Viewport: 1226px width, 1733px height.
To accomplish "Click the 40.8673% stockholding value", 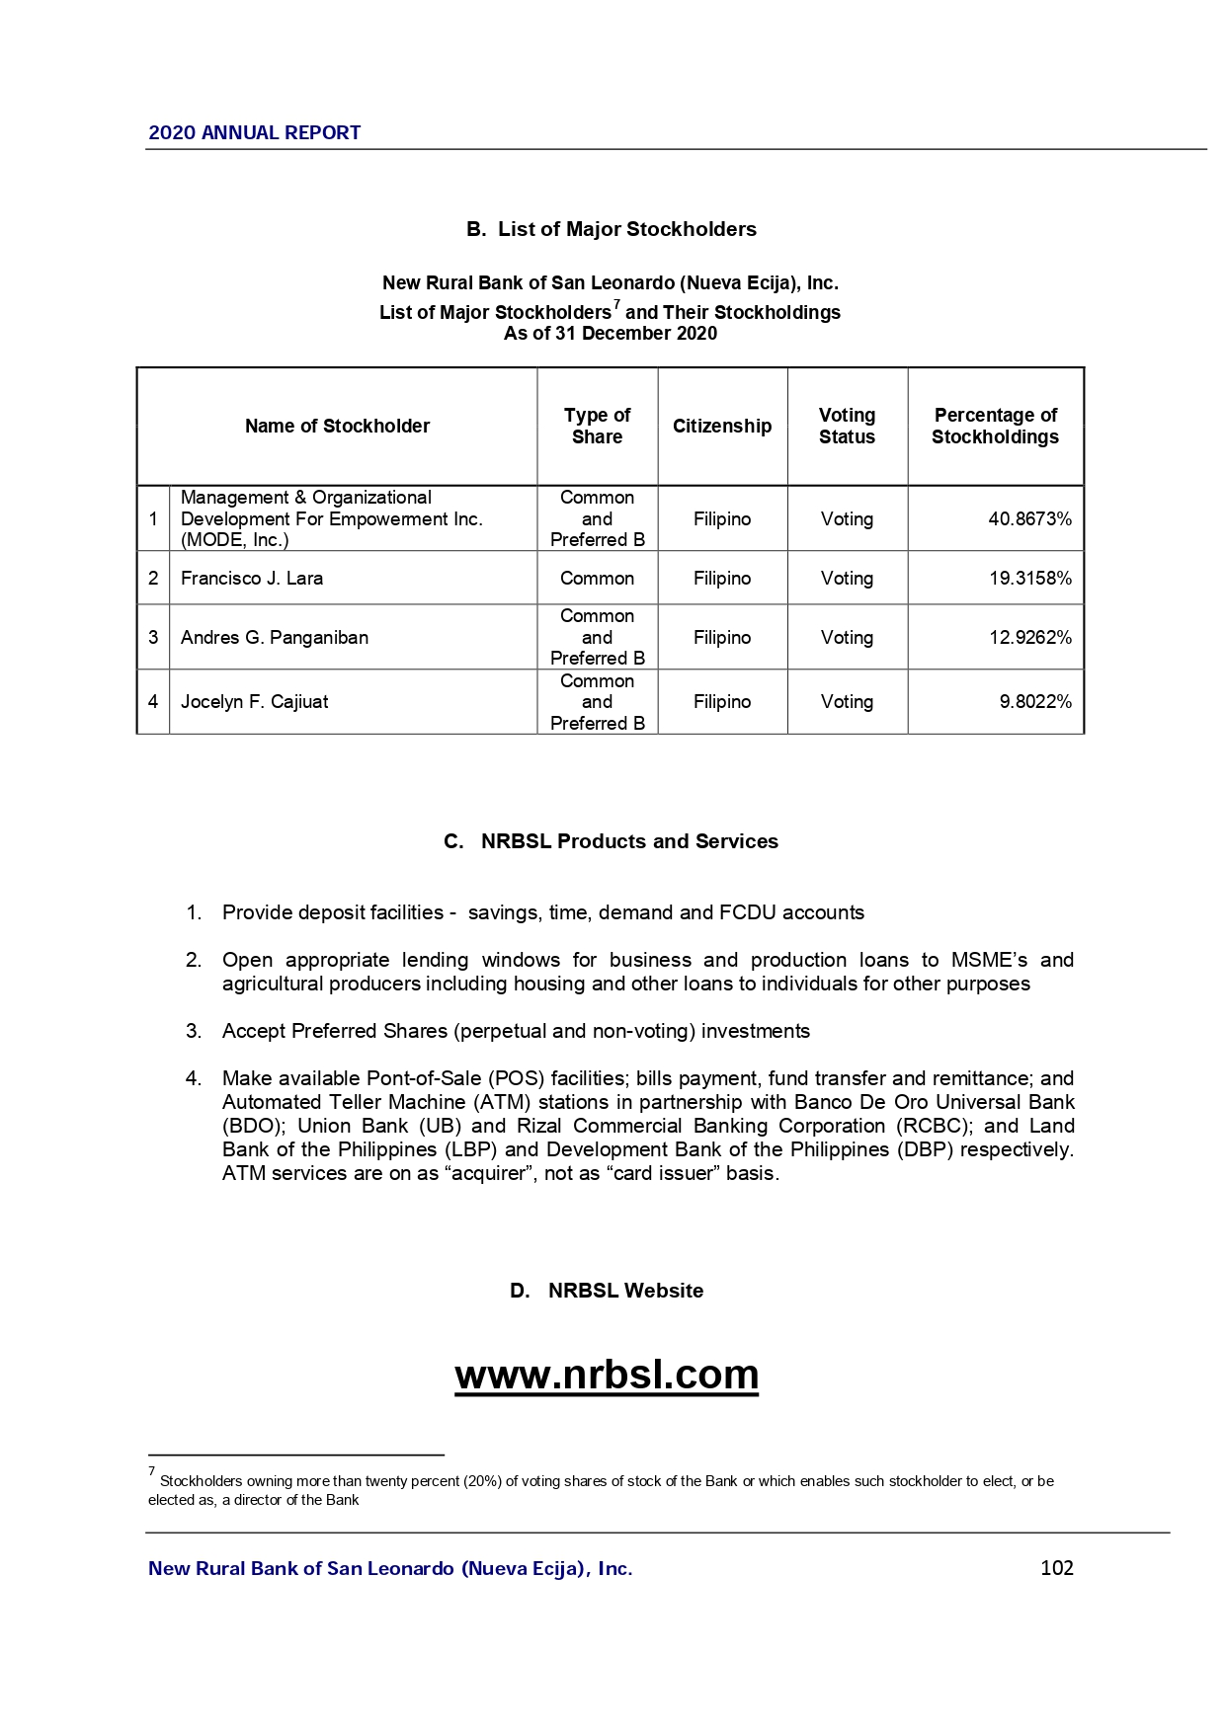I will [x=1029, y=518].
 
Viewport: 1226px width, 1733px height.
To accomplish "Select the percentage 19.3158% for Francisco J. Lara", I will [x=1029, y=578].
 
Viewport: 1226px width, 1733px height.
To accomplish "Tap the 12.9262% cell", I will [x=1029, y=637].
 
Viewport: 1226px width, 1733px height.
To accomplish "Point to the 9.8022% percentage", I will [x=1034, y=701].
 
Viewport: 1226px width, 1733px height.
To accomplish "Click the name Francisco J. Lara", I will [x=251, y=578].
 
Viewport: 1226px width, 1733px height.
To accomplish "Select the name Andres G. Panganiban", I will [x=274, y=637].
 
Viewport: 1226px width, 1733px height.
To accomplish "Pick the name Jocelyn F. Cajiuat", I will [x=254, y=701].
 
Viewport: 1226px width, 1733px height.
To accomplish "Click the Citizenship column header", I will [x=721, y=426].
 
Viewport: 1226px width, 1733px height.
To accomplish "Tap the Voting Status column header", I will [x=847, y=426].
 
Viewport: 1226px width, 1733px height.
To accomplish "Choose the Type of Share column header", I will [x=597, y=426].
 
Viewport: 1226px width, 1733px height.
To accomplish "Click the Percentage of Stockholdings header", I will [x=995, y=426].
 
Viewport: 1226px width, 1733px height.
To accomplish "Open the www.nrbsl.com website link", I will [x=607, y=1374].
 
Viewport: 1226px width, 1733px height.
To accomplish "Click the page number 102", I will [x=1056, y=1567].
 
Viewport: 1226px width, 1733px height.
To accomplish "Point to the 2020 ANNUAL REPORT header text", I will [x=254, y=132].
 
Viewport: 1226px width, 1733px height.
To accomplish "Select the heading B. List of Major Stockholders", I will [x=611, y=229].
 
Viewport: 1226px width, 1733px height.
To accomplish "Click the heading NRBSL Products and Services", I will [x=628, y=841].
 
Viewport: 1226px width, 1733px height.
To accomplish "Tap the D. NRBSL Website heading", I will [x=606, y=1291].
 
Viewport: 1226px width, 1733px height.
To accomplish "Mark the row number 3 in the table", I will [x=153, y=637].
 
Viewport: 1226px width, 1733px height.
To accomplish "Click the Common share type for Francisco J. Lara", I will [x=597, y=578].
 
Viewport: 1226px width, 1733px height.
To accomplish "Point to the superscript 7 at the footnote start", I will [x=152, y=1471].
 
